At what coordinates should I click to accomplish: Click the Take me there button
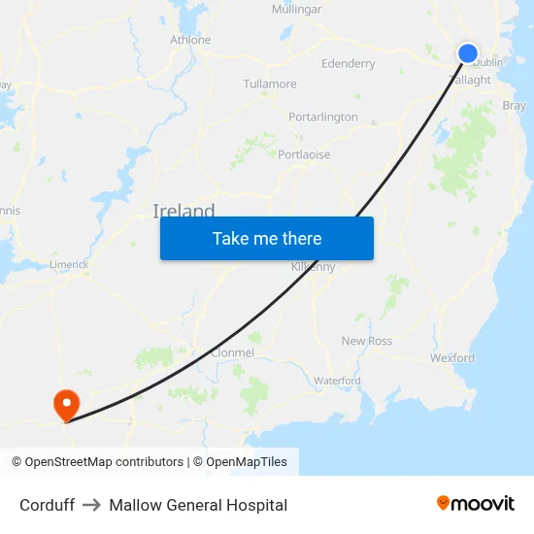point(267,239)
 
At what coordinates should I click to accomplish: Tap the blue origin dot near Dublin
point(468,53)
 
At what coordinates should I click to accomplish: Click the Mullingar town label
point(296,9)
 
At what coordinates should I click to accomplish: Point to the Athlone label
point(190,40)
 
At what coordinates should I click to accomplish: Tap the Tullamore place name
point(270,84)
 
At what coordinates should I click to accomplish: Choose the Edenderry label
point(348,64)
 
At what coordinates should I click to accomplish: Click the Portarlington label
point(323,117)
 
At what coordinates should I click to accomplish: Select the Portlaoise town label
point(304,154)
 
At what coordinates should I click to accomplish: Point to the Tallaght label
point(470,81)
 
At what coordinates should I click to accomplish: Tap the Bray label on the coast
point(514,106)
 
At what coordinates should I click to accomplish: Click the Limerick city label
point(69,264)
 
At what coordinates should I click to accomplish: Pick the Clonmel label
point(232,353)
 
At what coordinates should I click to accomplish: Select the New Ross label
point(367,341)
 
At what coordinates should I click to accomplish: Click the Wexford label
point(452,358)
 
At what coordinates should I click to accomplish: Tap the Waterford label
point(337,381)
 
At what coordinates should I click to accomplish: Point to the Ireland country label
point(184,211)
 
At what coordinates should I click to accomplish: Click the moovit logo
point(476,504)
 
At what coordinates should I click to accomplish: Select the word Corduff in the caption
point(47,505)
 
